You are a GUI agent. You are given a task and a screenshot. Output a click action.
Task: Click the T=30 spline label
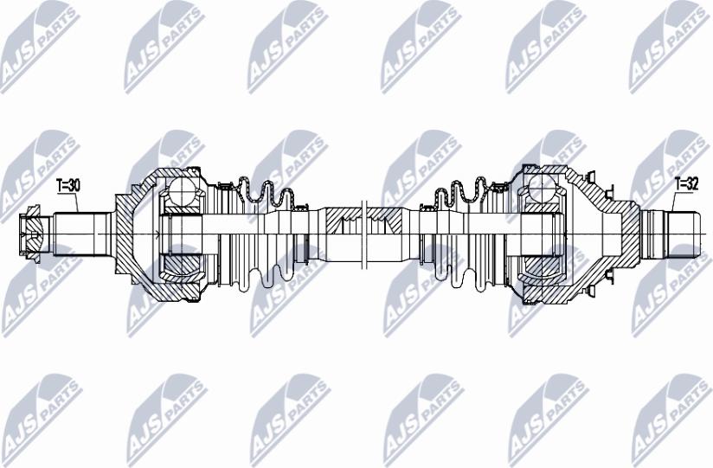[67, 184]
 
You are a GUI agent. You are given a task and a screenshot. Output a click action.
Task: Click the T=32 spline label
[685, 183]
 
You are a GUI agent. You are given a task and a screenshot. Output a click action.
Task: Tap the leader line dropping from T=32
[673, 201]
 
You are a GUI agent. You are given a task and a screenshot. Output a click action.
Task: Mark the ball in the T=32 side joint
[543, 189]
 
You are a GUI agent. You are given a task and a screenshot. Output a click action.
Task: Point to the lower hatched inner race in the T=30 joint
[182, 265]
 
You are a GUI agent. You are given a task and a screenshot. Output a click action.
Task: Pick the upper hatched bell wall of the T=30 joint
[147, 181]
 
